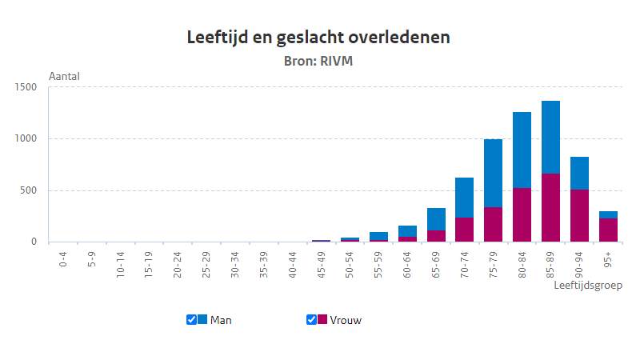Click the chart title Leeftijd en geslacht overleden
coord(320,38)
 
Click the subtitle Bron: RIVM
coord(320,60)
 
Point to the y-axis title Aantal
coord(65,77)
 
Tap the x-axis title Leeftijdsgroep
coord(588,285)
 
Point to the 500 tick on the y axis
coord(30,190)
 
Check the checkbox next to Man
coord(191,319)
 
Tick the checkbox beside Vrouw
coord(311,319)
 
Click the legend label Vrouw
coord(346,320)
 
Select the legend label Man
coord(221,320)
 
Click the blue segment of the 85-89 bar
coord(550,137)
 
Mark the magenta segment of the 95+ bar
coord(608,230)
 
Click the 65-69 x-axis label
coord(436,262)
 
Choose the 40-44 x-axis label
coord(293,262)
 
